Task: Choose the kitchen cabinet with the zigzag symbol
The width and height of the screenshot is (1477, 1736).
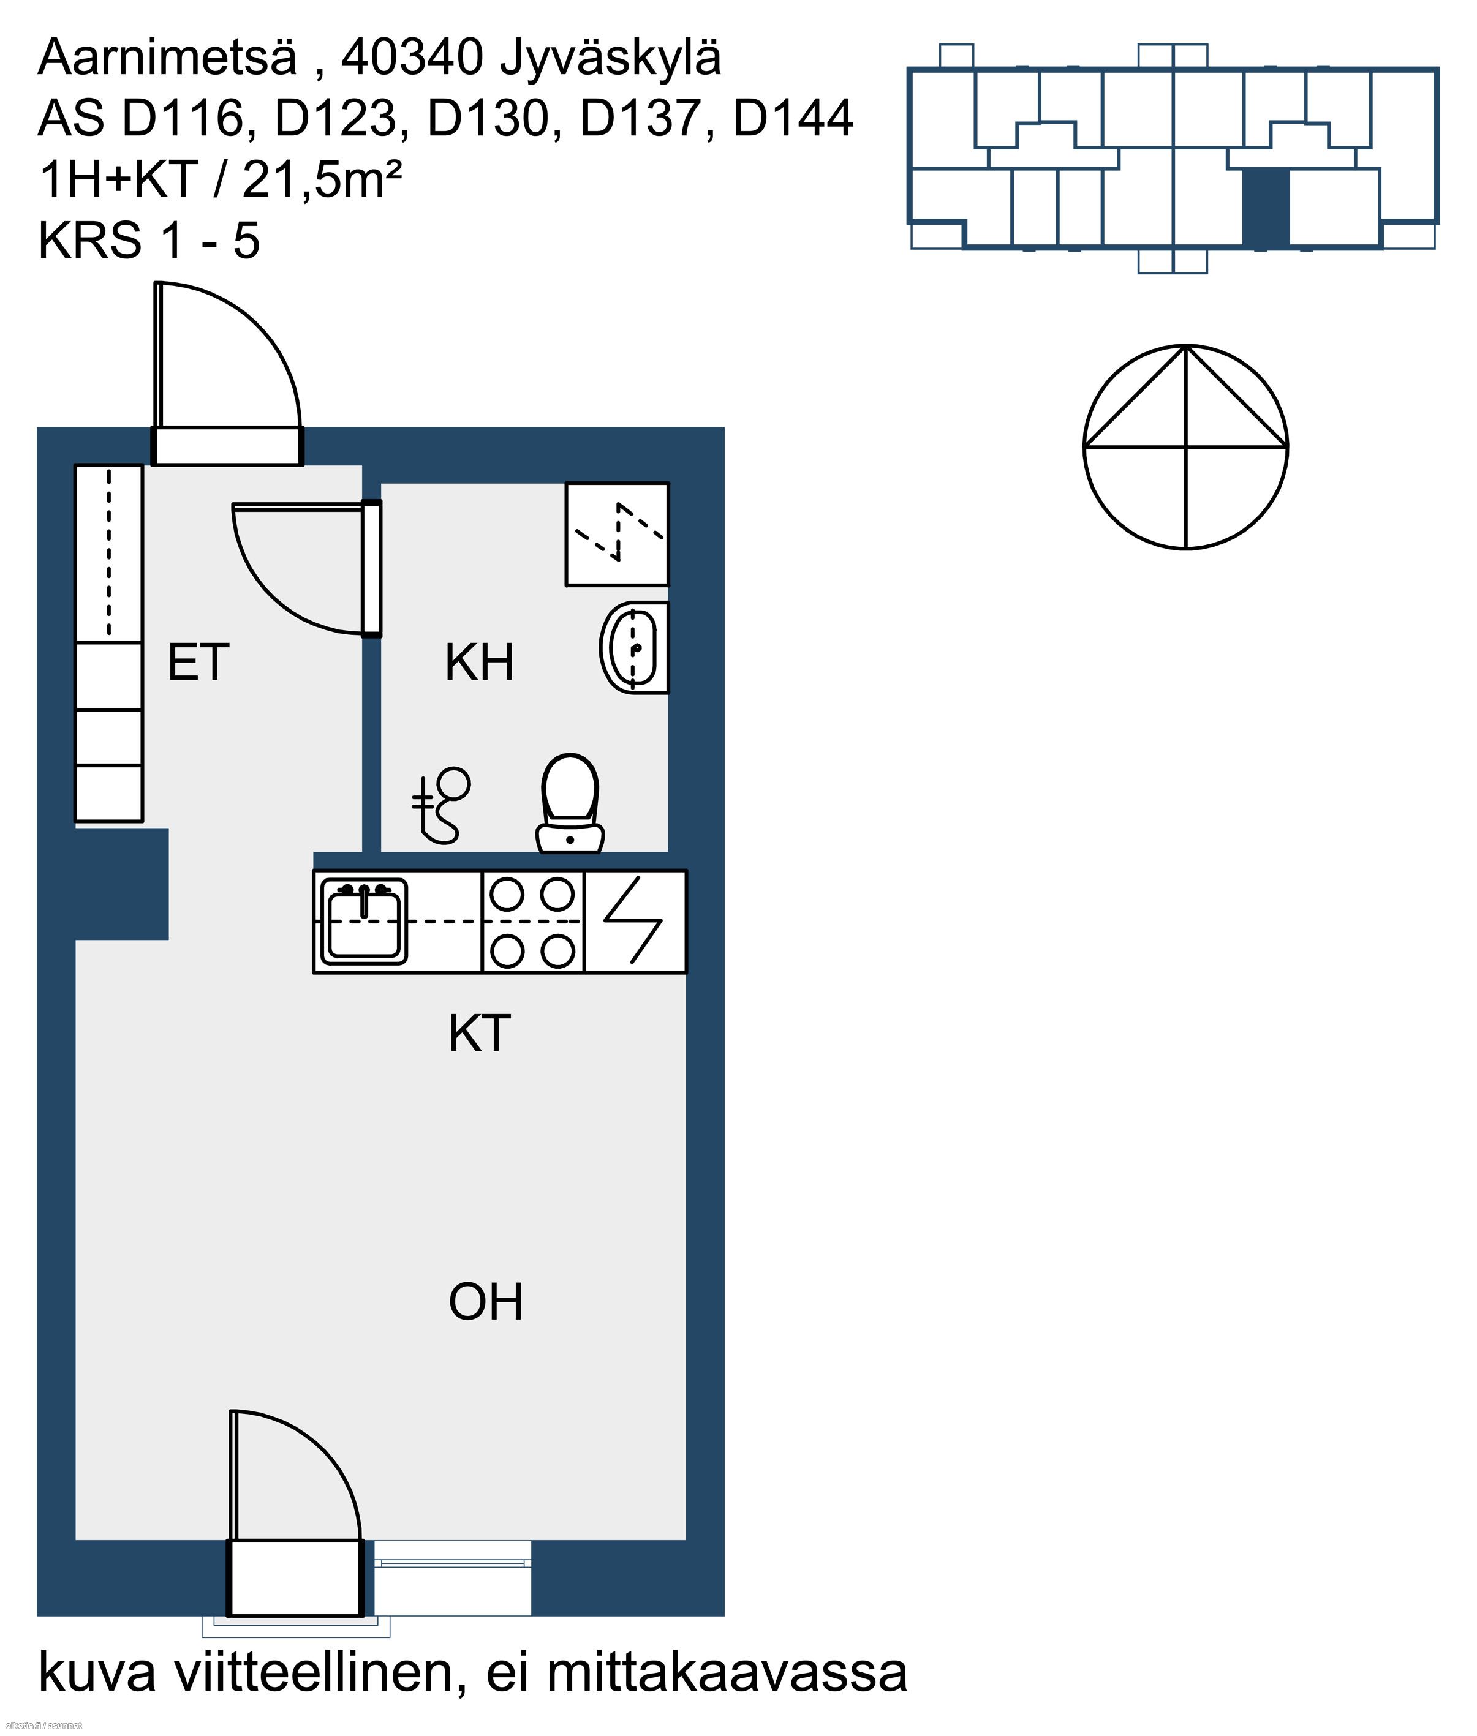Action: (635, 922)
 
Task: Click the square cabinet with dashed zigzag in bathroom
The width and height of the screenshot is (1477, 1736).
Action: (617, 534)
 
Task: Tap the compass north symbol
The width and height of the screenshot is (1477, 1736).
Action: (1185, 447)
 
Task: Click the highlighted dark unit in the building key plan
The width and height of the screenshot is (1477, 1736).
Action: (1265, 208)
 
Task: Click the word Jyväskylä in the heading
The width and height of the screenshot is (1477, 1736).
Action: (610, 57)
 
